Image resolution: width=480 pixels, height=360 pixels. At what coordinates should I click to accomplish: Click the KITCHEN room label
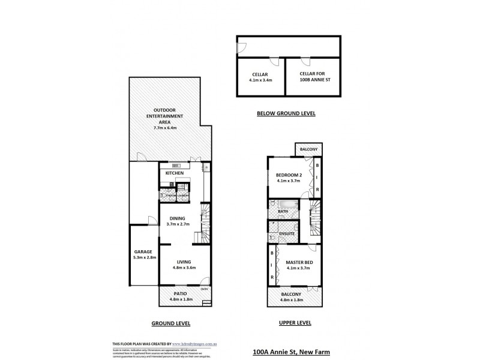click(175, 173)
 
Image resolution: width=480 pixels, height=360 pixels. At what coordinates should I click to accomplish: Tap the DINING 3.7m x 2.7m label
click(178, 221)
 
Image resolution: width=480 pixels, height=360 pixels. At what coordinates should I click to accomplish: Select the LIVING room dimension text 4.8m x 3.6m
click(184, 268)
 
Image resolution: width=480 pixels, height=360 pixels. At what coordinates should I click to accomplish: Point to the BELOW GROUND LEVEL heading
click(286, 113)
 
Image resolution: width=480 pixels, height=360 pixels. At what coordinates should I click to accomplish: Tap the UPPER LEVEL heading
click(295, 323)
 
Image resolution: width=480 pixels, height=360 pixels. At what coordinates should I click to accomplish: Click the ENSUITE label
click(287, 233)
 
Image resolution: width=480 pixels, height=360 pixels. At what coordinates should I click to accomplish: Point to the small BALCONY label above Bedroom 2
click(309, 149)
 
